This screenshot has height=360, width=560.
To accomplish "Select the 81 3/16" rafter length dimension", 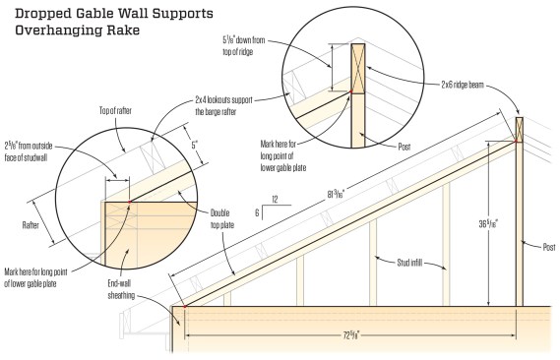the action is click(x=336, y=195).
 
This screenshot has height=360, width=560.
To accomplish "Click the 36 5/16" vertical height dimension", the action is click(x=488, y=223).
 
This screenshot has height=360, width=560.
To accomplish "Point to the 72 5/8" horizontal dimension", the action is click(x=351, y=335).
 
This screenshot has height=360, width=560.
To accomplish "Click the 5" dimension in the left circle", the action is click(x=195, y=145).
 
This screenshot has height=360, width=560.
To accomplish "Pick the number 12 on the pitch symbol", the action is click(x=275, y=199).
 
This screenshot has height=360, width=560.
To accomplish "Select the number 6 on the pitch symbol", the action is click(x=257, y=212).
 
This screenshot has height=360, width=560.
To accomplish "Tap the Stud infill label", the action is click(x=409, y=263).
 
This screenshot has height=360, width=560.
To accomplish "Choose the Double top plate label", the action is click(x=220, y=218).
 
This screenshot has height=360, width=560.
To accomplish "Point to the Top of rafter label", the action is click(x=115, y=111).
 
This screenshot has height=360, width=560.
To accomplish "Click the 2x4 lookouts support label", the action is click(x=224, y=105).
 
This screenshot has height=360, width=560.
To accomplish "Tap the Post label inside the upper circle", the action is click(x=404, y=147).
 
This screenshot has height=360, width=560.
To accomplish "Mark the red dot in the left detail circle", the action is click(x=130, y=202).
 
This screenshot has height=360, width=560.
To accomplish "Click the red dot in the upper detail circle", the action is click(x=350, y=91).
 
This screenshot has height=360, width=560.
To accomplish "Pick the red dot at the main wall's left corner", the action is click(x=185, y=307).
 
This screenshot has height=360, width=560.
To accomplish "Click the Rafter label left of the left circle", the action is click(x=31, y=225).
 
